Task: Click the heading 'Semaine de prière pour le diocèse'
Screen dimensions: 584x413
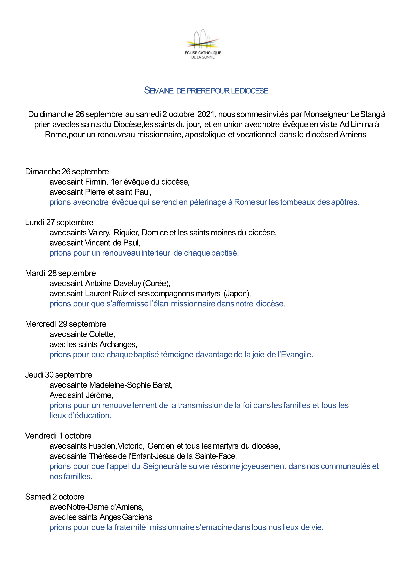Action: point(206,91)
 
